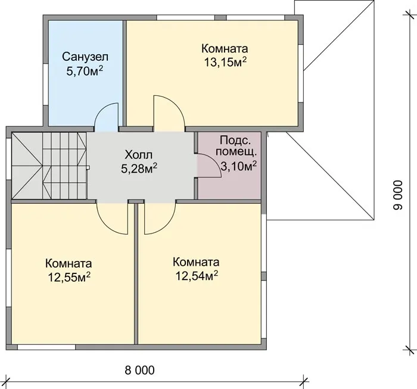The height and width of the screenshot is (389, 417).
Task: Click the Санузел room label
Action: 85,57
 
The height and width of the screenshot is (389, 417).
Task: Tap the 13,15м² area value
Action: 225,62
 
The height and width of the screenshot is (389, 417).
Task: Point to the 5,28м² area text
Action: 139,168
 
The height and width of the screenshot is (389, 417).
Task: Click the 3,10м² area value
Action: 239,166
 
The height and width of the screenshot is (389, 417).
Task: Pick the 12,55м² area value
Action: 69,277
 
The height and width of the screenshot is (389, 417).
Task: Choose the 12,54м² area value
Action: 197,276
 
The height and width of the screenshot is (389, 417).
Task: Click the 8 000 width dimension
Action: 139,370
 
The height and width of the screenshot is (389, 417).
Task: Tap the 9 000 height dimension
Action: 398,195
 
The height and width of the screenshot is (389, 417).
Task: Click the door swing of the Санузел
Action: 107,117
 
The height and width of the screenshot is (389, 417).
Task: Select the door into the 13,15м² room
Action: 169,113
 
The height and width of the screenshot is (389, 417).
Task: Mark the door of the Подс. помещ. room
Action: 208,166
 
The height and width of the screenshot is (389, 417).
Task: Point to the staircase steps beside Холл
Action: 49,166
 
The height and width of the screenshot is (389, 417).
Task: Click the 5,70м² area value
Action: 85,71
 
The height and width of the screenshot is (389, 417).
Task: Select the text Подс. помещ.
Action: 236,146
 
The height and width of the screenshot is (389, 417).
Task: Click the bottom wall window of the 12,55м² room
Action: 46,347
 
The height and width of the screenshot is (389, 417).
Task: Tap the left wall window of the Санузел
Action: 45,85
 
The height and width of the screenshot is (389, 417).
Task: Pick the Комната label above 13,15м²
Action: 225,49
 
